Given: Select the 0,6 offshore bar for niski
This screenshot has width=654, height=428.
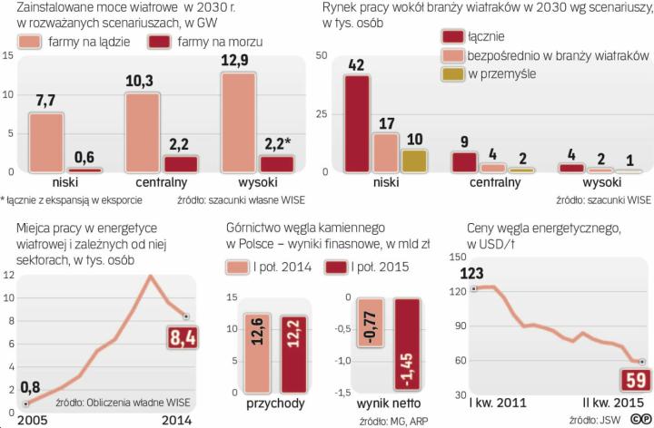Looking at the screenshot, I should pyautogui.click(x=84, y=170).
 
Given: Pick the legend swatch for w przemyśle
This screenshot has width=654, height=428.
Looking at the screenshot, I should pyautogui.click(x=452, y=73).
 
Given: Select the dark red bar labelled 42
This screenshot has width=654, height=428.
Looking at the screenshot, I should pyautogui.click(x=357, y=123).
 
